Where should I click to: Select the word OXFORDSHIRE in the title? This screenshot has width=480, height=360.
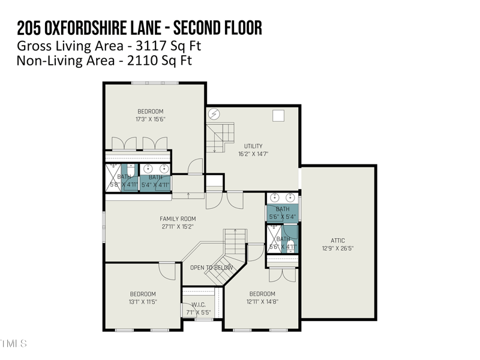pyautogui.click(x=98, y=28)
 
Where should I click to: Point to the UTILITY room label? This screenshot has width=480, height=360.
pyautogui.click(x=253, y=146)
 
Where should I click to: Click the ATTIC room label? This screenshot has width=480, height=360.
pyautogui.click(x=338, y=241)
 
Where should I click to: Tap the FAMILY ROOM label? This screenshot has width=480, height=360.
pyautogui.click(x=178, y=219)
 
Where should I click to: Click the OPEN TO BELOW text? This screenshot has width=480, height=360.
pyautogui.click(x=211, y=268)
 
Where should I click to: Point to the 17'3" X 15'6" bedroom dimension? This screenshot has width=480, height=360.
pyautogui.click(x=151, y=119)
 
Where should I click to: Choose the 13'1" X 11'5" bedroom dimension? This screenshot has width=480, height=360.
pyautogui.click(x=143, y=302)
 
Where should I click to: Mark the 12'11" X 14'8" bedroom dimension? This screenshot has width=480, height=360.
pyautogui.click(x=262, y=302)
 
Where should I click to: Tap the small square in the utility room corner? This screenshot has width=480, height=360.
pyautogui.click(x=278, y=116)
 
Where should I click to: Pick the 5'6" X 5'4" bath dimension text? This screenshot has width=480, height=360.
pyautogui.click(x=282, y=216)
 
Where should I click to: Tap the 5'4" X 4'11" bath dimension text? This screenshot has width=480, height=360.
pyautogui.click(x=155, y=185)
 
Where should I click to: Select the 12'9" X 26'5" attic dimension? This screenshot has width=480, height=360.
pyautogui.click(x=338, y=248)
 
